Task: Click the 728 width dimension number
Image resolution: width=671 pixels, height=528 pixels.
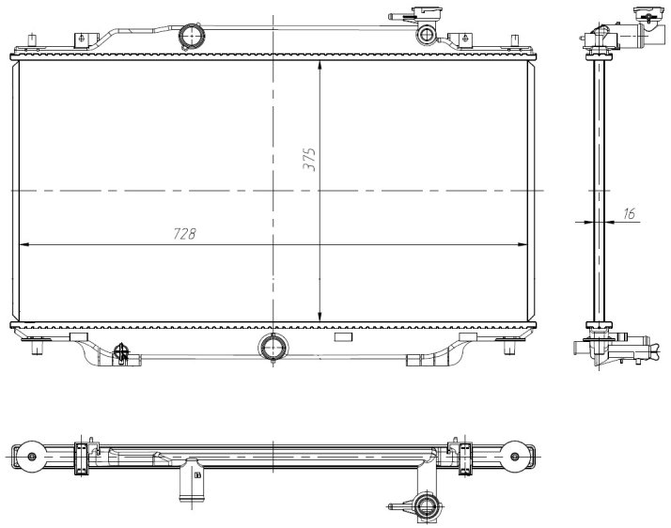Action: click(x=184, y=234)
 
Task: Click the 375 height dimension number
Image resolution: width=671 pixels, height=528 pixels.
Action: click(x=309, y=160)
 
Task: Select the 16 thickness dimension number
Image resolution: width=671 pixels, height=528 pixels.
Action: click(x=629, y=213)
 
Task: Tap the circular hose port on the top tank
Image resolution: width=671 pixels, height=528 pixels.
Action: click(x=192, y=36)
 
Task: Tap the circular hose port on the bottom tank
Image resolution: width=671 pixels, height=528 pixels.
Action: click(x=273, y=346)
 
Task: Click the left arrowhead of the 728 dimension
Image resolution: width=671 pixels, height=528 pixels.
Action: click(x=24, y=245)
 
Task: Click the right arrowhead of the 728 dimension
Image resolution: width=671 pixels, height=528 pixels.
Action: click(x=523, y=245)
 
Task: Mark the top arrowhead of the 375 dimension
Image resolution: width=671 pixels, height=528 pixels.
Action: click(x=320, y=66)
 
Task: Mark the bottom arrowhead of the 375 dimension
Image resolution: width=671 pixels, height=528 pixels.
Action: click(x=320, y=317)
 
